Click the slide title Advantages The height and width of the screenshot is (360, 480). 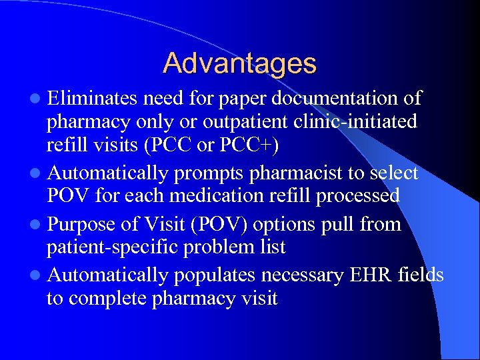point(239,63)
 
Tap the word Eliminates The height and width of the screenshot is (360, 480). point(92,99)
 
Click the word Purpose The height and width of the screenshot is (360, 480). point(82,225)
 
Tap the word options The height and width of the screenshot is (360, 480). point(291,225)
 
